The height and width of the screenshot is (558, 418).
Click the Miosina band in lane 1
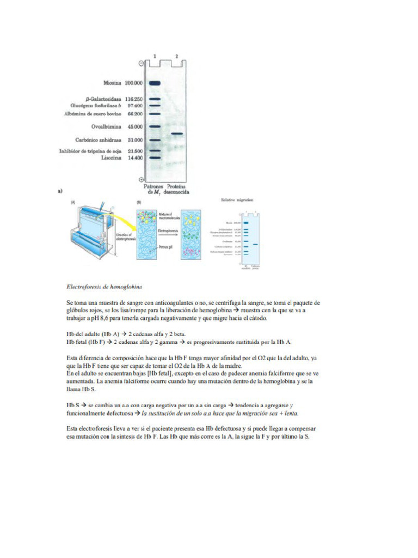(155, 83)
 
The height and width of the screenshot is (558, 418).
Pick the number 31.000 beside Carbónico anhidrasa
(134, 140)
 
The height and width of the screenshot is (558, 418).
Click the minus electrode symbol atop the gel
(142, 63)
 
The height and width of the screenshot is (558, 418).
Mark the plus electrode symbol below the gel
(142, 179)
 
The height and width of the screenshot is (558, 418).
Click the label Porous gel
(164, 247)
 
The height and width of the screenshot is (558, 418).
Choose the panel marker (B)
(139, 203)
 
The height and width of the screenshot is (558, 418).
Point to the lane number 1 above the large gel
(155, 56)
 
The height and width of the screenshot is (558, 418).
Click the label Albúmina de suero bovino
(92, 113)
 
